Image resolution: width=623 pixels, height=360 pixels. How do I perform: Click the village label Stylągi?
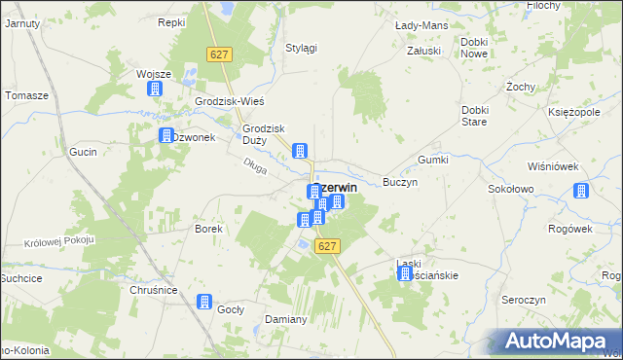tap(301, 49)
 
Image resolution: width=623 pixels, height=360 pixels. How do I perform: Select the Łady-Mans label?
tap(421, 23)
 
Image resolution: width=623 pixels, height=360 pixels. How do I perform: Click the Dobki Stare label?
tap(474, 116)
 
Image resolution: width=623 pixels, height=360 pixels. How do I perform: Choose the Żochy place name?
tap(522, 87)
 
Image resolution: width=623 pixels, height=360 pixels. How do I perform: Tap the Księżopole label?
tap(572, 113)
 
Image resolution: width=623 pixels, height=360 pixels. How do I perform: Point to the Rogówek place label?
tap(570, 229)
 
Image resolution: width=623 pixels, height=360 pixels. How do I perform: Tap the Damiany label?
tap(286, 319)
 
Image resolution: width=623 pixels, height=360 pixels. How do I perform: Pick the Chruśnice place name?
tap(151, 290)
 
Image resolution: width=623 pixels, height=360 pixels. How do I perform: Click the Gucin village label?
tap(82, 153)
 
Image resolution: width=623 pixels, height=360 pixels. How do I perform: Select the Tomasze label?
tap(26, 95)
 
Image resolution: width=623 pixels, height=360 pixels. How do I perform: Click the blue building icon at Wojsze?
tap(154, 90)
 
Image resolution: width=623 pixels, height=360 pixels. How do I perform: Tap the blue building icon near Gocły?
tap(204, 302)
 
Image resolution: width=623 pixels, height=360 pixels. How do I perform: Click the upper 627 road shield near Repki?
tap(218, 55)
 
